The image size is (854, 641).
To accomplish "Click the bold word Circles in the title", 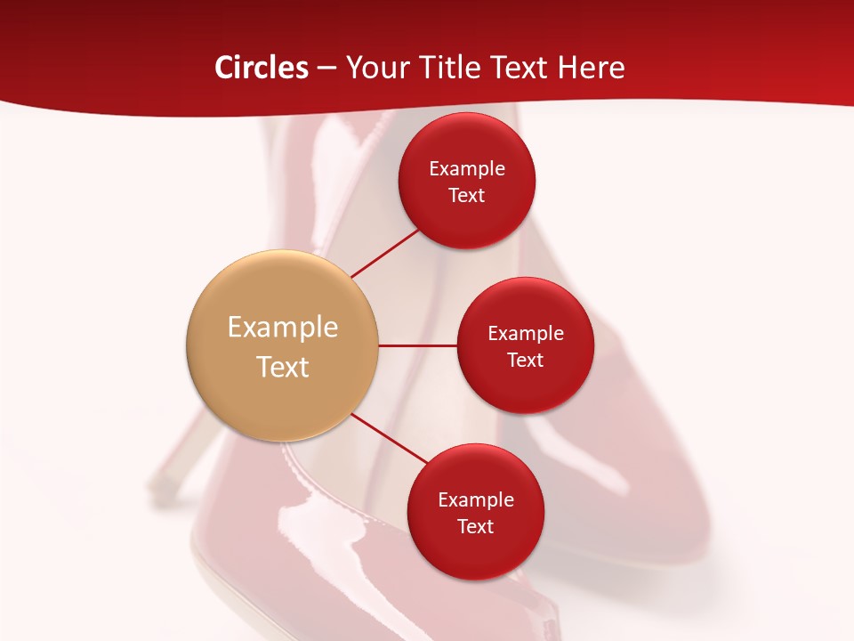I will pyautogui.click(x=261, y=68).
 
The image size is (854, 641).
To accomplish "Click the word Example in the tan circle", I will pyautogui.click(x=283, y=328).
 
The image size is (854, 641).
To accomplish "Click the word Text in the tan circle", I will pyautogui.click(x=283, y=367).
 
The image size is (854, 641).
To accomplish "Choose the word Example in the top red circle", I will pyautogui.click(x=467, y=169).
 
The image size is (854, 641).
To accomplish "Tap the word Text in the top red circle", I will pyautogui.click(x=467, y=196).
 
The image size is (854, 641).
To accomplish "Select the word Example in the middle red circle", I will pyautogui.click(x=526, y=334).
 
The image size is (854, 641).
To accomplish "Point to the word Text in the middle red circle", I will pyautogui.click(x=526, y=361).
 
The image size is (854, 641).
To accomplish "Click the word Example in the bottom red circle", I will pyautogui.click(x=476, y=500).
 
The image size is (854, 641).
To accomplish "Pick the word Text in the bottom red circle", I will pyautogui.click(x=476, y=527).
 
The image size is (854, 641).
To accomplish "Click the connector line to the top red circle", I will pyautogui.click(x=386, y=253).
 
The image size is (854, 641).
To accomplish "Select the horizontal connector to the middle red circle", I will pyautogui.click(x=418, y=345).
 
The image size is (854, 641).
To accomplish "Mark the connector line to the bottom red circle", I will pyautogui.click(x=390, y=437).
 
